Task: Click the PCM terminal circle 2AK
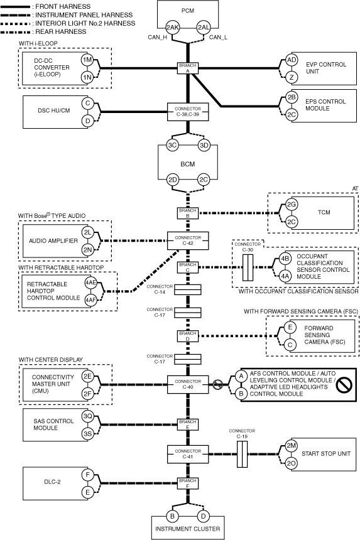(172, 28)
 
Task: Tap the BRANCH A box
(188, 68)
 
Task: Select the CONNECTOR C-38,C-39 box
(188, 112)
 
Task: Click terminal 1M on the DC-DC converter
(87, 60)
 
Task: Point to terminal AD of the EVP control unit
(292, 60)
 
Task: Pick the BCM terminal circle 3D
(204, 145)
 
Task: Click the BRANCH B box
(188, 213)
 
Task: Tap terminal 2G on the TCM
(292, 205)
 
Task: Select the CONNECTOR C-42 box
(188, 240)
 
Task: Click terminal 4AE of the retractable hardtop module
(90, 283)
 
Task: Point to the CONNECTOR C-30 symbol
(248, 267)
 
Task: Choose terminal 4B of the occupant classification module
(285, 259)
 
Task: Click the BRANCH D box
(188, 336)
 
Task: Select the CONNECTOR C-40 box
(188, 385)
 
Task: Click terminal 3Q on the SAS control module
(87, 416)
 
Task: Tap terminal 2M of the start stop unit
(292, 446)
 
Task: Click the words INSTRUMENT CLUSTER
(187, 529)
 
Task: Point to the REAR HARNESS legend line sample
(16, 32)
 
